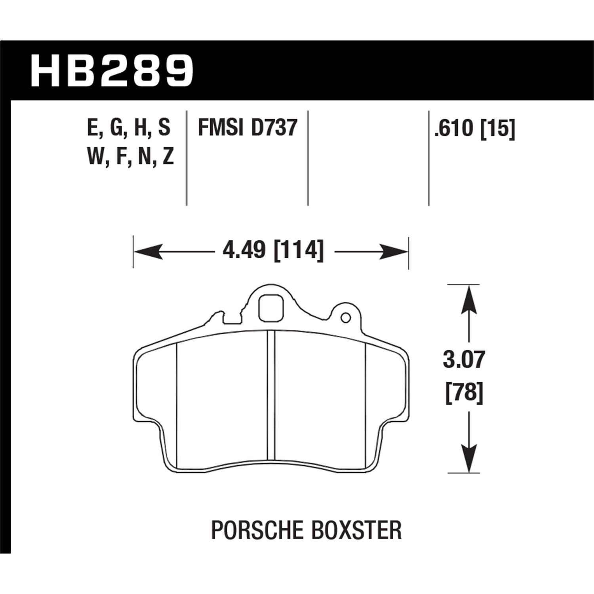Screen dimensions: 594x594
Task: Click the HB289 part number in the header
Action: (x=112, y=71)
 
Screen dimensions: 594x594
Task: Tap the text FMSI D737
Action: (x=247, y=128)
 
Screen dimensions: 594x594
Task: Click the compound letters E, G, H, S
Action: (x=129, y=128)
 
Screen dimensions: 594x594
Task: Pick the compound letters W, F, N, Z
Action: (x=129, y=157)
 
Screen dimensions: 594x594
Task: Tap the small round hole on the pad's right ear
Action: (x=346, y=317)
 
